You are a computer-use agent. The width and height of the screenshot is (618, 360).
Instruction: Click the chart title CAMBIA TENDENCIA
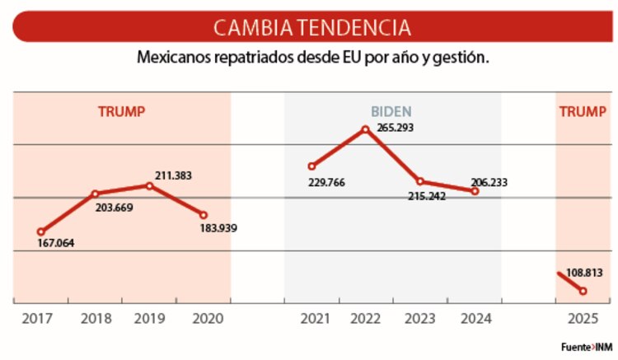311,27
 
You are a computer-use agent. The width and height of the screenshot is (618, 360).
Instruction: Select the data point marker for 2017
40,231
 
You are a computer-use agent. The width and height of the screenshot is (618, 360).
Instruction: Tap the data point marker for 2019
149,185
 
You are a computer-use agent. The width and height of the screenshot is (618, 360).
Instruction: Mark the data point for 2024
475,191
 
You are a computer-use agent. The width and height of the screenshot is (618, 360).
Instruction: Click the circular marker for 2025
583,291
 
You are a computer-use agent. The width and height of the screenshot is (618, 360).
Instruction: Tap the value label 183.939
218,227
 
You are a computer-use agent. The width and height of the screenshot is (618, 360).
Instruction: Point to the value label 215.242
427,196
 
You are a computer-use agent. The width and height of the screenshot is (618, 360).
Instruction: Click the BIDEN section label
391,111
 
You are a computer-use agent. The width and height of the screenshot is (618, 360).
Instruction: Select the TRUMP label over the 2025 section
582,111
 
